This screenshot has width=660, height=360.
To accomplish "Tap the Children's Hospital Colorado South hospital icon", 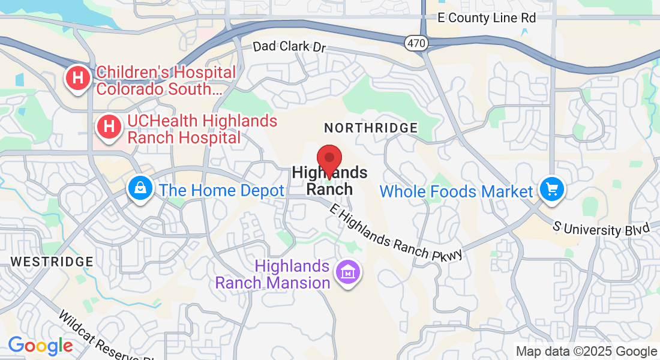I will [78, 79].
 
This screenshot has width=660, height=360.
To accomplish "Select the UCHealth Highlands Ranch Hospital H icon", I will [109, 127].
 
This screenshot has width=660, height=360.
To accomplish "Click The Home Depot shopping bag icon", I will [140, 190].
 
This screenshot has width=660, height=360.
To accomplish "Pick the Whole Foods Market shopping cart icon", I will [551, 190].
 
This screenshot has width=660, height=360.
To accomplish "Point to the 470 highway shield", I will [415, 43].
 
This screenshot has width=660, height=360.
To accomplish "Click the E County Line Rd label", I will [487, 18].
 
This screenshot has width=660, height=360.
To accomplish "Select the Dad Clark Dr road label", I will [289, 46].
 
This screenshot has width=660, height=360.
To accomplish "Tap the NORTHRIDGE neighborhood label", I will [371, 128].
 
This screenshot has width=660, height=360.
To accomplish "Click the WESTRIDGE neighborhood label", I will [52, 262].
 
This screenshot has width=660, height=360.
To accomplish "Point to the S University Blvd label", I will [601, 229].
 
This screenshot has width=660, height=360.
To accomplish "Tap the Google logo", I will [40, 346].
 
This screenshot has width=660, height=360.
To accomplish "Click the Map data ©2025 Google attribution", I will [587, 352].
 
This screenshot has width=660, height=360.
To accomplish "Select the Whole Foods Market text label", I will [456, 191].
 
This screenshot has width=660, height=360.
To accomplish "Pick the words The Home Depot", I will [221, 191].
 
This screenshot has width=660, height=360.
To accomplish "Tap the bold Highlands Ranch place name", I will [329, 181].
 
